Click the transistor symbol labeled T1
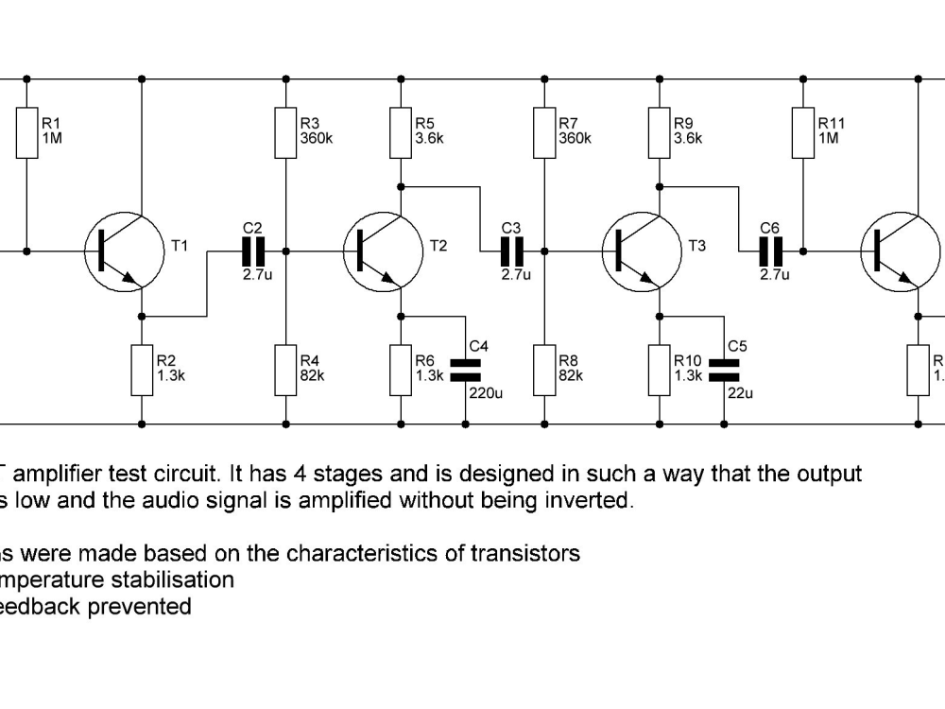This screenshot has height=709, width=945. point(123,251)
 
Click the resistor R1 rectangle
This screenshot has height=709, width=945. point(26,132)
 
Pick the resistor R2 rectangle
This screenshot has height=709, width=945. point(142,370)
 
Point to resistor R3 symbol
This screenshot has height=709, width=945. point(285,132)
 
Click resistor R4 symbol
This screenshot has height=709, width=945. point(285,370)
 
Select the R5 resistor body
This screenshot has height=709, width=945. point(401,132)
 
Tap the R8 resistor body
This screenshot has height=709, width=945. point(544,370)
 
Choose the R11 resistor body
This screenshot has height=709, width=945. point(803,132)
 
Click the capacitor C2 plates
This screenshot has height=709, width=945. point(252,251)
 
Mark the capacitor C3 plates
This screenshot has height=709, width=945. point(511,251)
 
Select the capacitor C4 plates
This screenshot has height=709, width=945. point(465,370)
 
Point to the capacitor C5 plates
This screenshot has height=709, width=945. point(724,370)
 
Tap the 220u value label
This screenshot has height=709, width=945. point(486,392)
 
